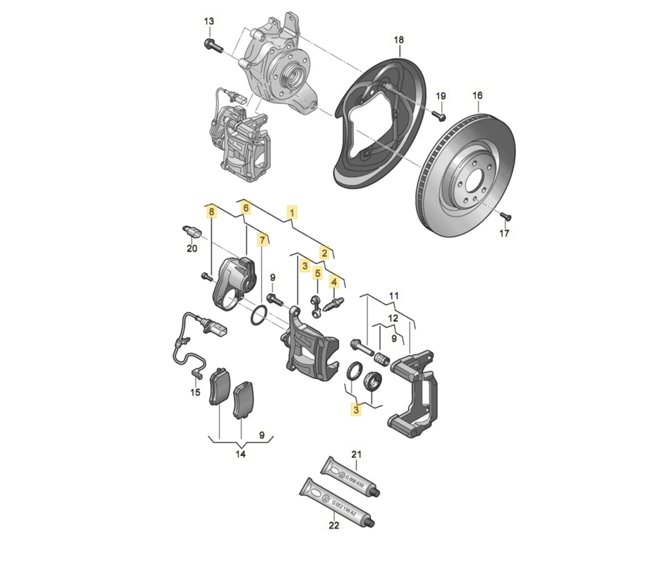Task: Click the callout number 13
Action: pyautogui.click(x=209, y=21)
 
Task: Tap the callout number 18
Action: pyautogui.click(x=399, y=40)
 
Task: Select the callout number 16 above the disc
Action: pyautogui.click(x=477, y=96)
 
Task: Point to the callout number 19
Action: pyautogui.click(x=441, y=96)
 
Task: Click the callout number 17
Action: pyautogui.click(x=504, y=233)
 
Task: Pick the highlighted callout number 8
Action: pyautogui.click(x=211, y=212)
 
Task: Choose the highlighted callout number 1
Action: pyautogui.click(x=292, y=213)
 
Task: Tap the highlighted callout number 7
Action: pyautogui.click(x=262, y=240)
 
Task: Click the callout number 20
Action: pyautogui.click(x=192, y=249)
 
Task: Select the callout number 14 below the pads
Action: pyautogui.click(x=241, y=454)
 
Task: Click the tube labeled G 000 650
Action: pyautogui.click(x=350, y=478)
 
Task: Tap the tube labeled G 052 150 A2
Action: pyautogui.click(x=337, y=503)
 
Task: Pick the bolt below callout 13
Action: pyautogui.click(x=214, y=46)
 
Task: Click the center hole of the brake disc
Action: pyautogui.click(x=473, y=182)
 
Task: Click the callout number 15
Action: pyautogui.click(x=195, y=392)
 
